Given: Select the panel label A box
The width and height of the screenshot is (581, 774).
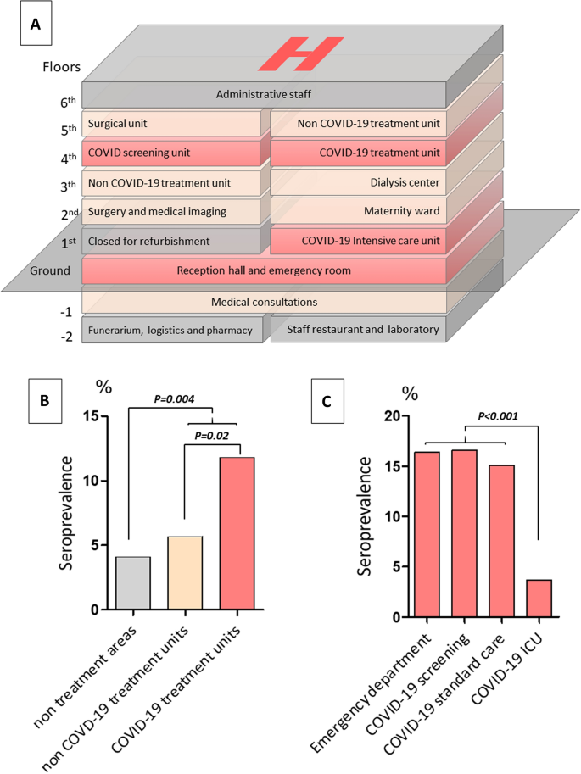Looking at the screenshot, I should click(36, 25).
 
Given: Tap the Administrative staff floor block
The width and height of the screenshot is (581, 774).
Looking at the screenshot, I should click(264, 94).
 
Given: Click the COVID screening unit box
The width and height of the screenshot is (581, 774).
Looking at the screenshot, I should click(174, 153).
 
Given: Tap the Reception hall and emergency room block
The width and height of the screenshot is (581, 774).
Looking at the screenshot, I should click(264, 271).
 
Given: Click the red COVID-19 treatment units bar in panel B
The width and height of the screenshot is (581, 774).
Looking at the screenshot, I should click(237, 533).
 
